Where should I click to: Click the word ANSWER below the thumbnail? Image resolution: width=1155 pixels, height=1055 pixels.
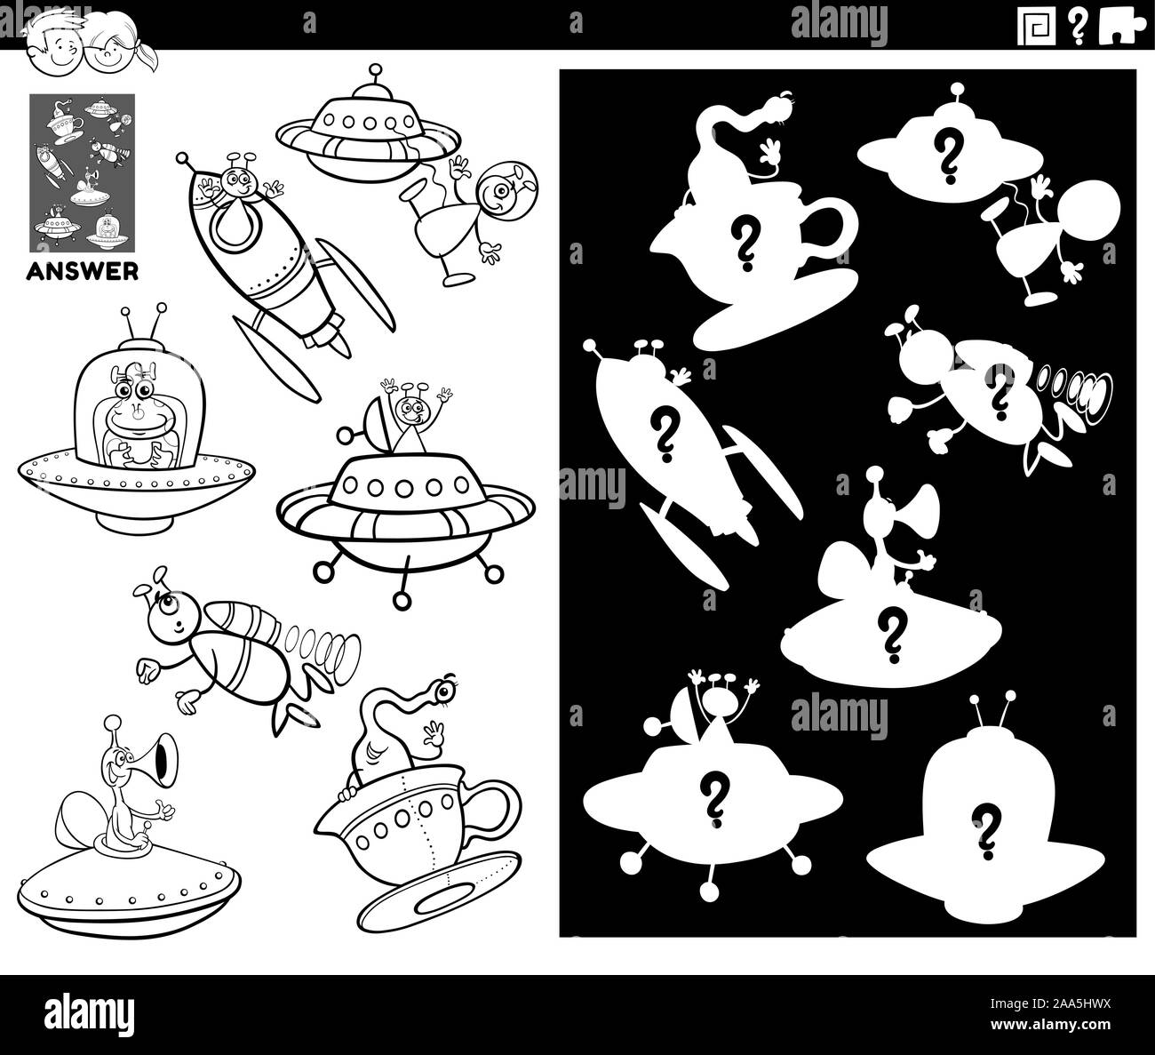pos(84,272)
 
